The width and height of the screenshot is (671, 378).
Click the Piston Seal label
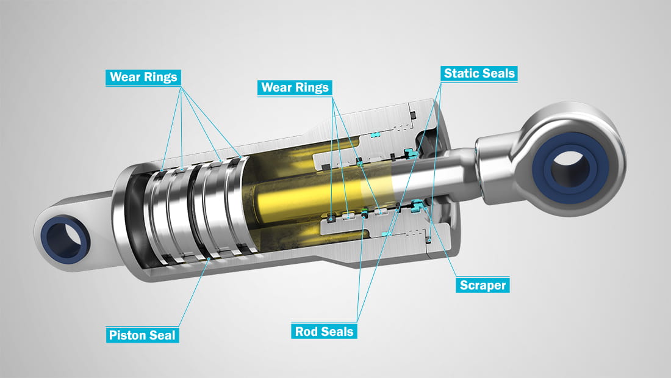[142, 335]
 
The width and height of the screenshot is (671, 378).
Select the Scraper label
[483, 285]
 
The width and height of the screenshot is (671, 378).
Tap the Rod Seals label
[323, 331]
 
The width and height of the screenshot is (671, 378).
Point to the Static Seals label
[479, 74]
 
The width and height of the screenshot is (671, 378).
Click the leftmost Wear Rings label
[143, 77]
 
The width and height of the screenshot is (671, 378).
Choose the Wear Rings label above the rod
[295, 87]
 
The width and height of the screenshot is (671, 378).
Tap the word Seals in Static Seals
[499, 74]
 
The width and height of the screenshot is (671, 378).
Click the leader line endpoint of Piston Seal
[209, 260]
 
